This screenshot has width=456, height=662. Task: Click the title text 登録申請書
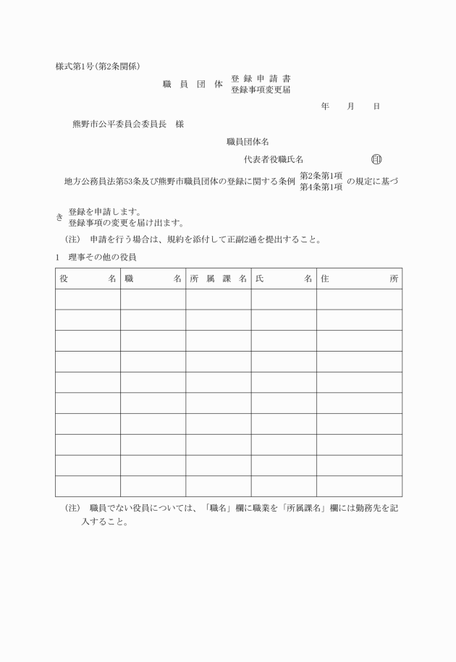pyautogui.click(x=261, y=78)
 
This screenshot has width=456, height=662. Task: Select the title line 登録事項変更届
pyautogui.click(x=261, y=90)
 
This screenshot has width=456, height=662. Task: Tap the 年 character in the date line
pyautogui.click(x=326, y=106)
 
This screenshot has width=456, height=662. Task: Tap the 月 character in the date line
pyautogui.click(x=350, y=106)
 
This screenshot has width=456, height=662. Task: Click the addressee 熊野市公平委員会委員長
pyautogui.click(x=119, y=124)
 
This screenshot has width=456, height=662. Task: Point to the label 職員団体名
pyautogui.click(x=248, y=142)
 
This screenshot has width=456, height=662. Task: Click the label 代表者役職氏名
pyautogui.click(x=274, y=159)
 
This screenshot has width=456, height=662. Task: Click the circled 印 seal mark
pyautogui.click(x=376, y=159)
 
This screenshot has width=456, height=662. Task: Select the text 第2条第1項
pyautogui.click(x=321, y=176)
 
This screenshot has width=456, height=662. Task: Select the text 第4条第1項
pyautogui.click(x=321, y=187)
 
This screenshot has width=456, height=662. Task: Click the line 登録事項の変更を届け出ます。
pyautogui.click(x=126, y=222)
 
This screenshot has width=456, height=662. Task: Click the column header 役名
pyautogui.click(x=88, y=279)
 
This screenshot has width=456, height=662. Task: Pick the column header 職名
pyautogui.click(x=153, y=279)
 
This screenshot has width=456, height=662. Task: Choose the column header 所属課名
pyautogui.click(x=218, y=279)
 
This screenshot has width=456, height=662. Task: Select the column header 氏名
pyautogui.click(x=283, y=279)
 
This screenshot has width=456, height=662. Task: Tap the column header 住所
pyautogui.click(x=359, y=279)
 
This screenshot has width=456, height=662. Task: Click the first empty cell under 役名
pyautogui.click(x=88, y=300)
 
